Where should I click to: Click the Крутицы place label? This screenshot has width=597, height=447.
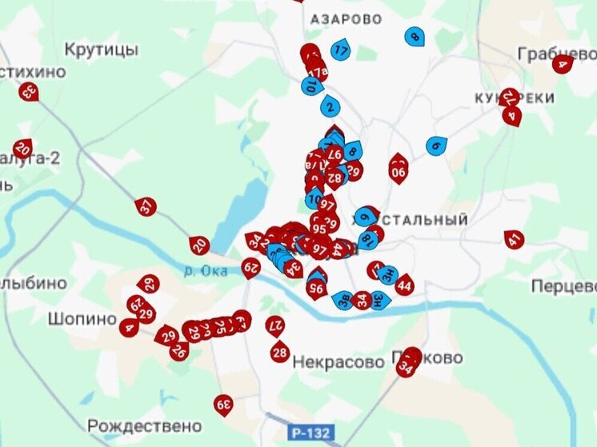101,50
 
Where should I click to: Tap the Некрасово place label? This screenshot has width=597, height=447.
339,361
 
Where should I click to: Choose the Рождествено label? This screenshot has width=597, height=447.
145,425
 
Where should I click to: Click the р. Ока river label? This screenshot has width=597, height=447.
207,270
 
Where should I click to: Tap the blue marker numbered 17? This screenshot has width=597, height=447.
341,50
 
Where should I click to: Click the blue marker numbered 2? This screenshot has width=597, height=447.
330,106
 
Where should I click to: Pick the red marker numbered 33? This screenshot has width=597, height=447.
29,91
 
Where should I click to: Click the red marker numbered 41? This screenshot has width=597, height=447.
514,239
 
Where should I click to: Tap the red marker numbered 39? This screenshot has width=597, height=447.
223,405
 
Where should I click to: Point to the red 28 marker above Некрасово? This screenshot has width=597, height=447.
279,351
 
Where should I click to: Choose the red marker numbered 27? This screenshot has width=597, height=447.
276,325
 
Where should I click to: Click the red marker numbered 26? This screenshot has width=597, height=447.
179,349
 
